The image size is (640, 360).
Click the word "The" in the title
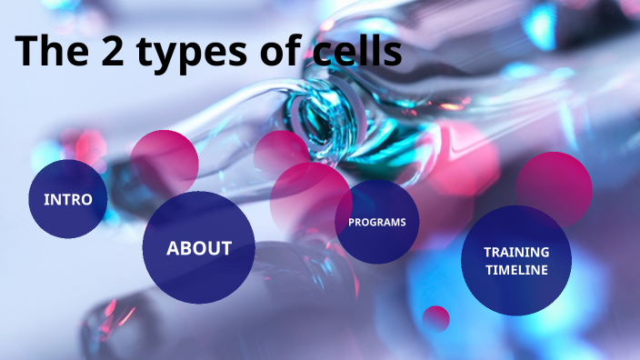click(x=51, y=52)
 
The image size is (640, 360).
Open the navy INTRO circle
click(x=68, y=199)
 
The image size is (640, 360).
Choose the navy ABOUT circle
click(x=198, y=247)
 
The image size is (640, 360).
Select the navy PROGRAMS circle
click(x=377, y=222)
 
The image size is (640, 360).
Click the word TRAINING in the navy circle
click(x=515, y=252)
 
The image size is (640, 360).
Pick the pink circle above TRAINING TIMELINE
click(x=554, y=187)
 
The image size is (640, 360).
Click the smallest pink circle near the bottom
click(x=436, y=318)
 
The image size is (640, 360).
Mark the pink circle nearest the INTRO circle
click(x=164, y=163)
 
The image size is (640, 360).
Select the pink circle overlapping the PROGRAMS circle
click(x=309, y=198)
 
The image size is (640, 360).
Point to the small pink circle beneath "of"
click(x=280, y=152)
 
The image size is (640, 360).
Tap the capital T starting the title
click(x=26, y=52)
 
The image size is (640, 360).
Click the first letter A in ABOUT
click(x=173, y=248)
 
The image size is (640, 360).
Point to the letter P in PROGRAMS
click(x=352, y=223)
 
